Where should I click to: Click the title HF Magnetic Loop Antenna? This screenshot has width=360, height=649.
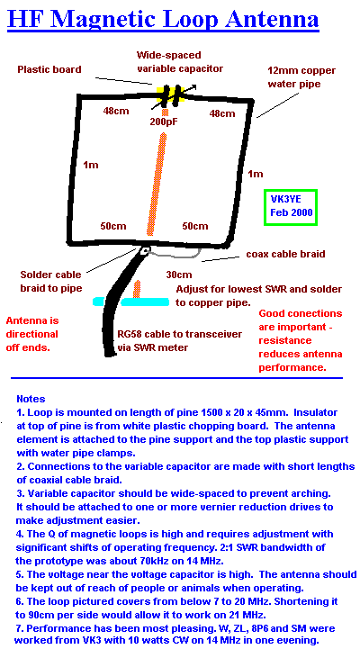[163, 19]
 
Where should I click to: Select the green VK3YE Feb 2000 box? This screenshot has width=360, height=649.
[291, 207]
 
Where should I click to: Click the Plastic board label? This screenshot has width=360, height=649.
[49, 69]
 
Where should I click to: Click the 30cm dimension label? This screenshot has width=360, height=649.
[179, 275]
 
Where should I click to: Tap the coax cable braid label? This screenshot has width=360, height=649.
[285, 254]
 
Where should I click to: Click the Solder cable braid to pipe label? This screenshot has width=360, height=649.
[51, 281]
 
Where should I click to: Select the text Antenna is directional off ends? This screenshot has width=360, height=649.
[32, 334]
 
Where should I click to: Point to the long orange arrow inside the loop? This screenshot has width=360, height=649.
[157, 184]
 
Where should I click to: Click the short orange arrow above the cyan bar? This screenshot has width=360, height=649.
[137, 289]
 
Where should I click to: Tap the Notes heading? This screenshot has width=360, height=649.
[31, 400]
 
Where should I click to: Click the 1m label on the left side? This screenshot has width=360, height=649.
[91, 165]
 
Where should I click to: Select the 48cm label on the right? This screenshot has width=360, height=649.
[222, 113]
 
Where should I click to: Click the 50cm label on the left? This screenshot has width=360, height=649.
[113, 226]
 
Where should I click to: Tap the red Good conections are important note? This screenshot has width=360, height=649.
[301, 340]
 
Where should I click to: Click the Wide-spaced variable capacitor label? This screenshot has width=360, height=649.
[180, 62]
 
